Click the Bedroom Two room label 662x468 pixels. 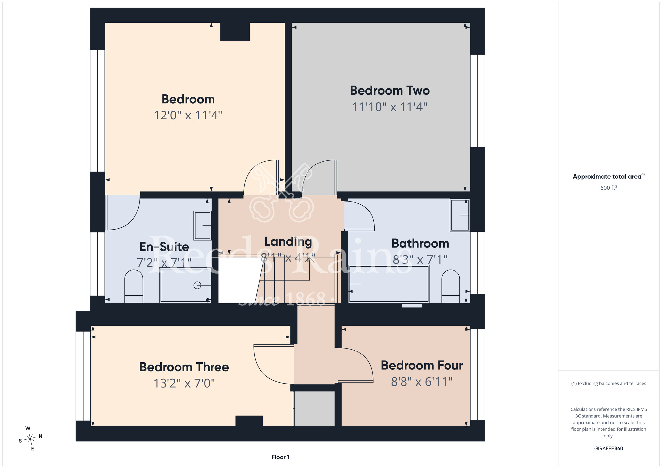pos(390,91)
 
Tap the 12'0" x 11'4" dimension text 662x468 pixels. pos(188,116)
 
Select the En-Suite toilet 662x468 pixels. pos(134,286)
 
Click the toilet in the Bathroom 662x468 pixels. pos(450,286)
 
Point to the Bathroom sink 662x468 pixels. pos(460,215)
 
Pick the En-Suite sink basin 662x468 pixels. pos(202,226)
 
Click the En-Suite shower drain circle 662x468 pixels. pos(197,285)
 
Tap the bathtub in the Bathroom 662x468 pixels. pos(389,284)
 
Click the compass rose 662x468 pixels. pos(30,438)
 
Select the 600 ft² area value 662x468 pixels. pos(609,188)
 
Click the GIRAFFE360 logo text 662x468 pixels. pos(609,449)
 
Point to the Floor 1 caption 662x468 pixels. pos(280,457)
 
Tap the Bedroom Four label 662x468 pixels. pos(422,365)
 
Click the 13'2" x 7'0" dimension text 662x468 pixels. pos(184,383)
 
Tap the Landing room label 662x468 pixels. pos(288,242)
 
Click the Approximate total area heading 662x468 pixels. pos(609,176)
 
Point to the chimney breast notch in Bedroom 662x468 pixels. pos(235,31)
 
